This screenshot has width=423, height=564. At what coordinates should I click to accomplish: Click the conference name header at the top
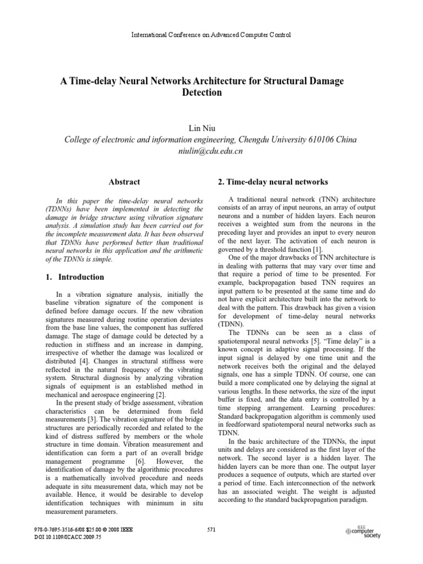point(211,35)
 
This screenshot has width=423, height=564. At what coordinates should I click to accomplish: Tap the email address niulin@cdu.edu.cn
point(211,151)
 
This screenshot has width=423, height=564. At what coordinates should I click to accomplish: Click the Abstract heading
point(124,182)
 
